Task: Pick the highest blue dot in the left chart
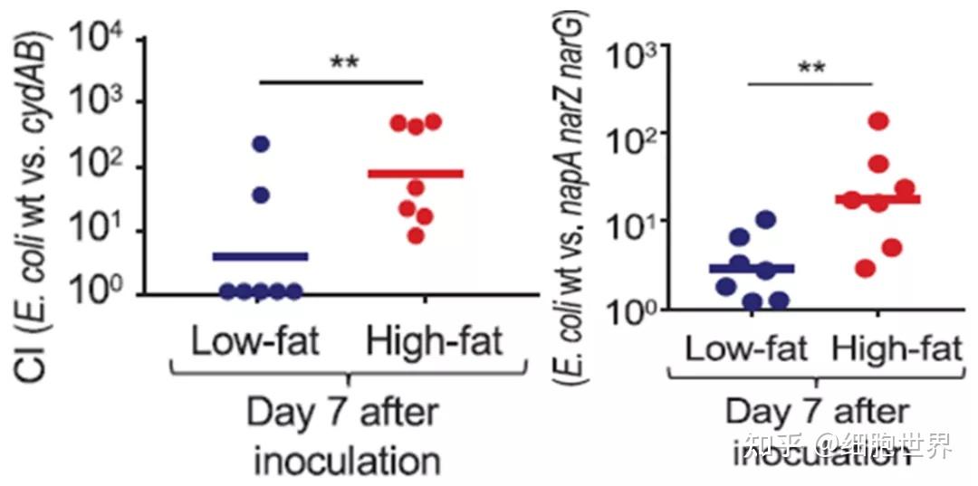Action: point(261,143)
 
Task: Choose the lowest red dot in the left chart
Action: point(416,236)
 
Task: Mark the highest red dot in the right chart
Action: point(877,120)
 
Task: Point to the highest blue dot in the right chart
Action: point(765,219)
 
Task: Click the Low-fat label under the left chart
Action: point(254,343)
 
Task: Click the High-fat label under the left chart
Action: point(435,343)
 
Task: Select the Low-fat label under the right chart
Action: point(745,350)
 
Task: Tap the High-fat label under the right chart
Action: point(895,350)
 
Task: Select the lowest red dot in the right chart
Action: point(865,268)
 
